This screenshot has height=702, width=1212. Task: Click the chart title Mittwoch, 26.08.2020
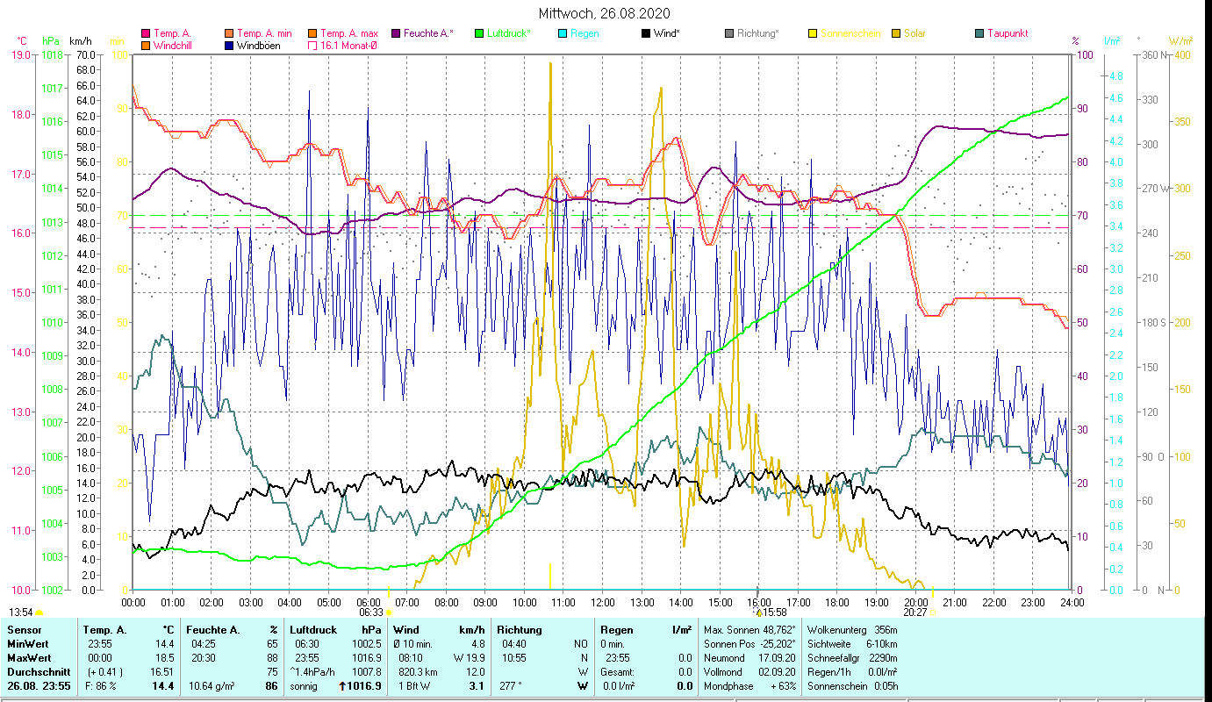pos(605,13)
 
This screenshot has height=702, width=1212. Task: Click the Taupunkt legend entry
pos(1007,33)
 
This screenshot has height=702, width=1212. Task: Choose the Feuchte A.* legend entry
pos(428,33)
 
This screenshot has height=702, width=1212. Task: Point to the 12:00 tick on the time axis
pos(603,603)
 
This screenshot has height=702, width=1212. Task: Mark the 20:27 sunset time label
pos(915,612)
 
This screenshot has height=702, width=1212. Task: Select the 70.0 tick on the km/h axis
pos(85,54)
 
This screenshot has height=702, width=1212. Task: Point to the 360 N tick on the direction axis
pos(1156,54)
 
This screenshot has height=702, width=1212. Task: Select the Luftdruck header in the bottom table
pos(314,629)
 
